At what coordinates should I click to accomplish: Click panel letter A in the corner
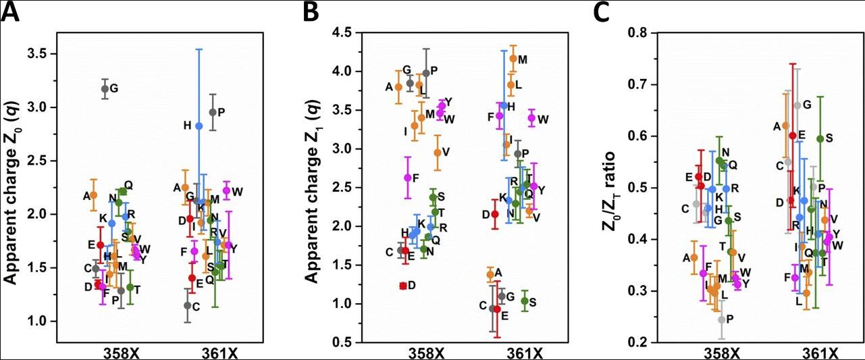click(12, 11)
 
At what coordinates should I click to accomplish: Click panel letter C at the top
click(603, 11)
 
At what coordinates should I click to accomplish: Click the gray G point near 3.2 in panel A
click(105, 88)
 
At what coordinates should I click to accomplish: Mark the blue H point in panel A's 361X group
click(199, 126)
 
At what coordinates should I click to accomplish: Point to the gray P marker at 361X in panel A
click(213, 112)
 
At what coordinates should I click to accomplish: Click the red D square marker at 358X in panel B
click(403, 286)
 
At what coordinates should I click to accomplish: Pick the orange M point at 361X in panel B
click(513, 59)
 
